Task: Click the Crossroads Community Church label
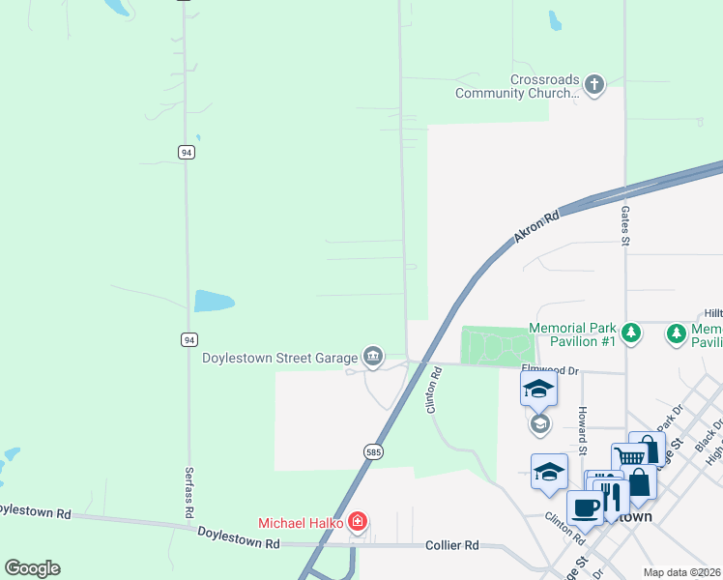click(x=517, y=86)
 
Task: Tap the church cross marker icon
click(x=593, y=85)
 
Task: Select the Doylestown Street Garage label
click(x=279, y=358)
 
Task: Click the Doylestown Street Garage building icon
click(x=372, y=358)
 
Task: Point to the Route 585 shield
click(x=373, y=451)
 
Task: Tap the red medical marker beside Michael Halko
click(x=358, y=523)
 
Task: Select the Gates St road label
click(x=626, y=226)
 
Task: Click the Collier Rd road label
click(x=452, y=545)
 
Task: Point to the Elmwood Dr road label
click(x=550, y=369)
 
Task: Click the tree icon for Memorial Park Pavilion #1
click(x=631, y=333)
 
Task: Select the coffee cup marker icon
click(x=585, y=508)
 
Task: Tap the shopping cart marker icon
click(x=628, y=457)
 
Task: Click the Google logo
click(x=32, y=568)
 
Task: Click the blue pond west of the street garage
click(x=214, y=301)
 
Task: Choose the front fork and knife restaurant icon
click(x=610, y=496)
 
